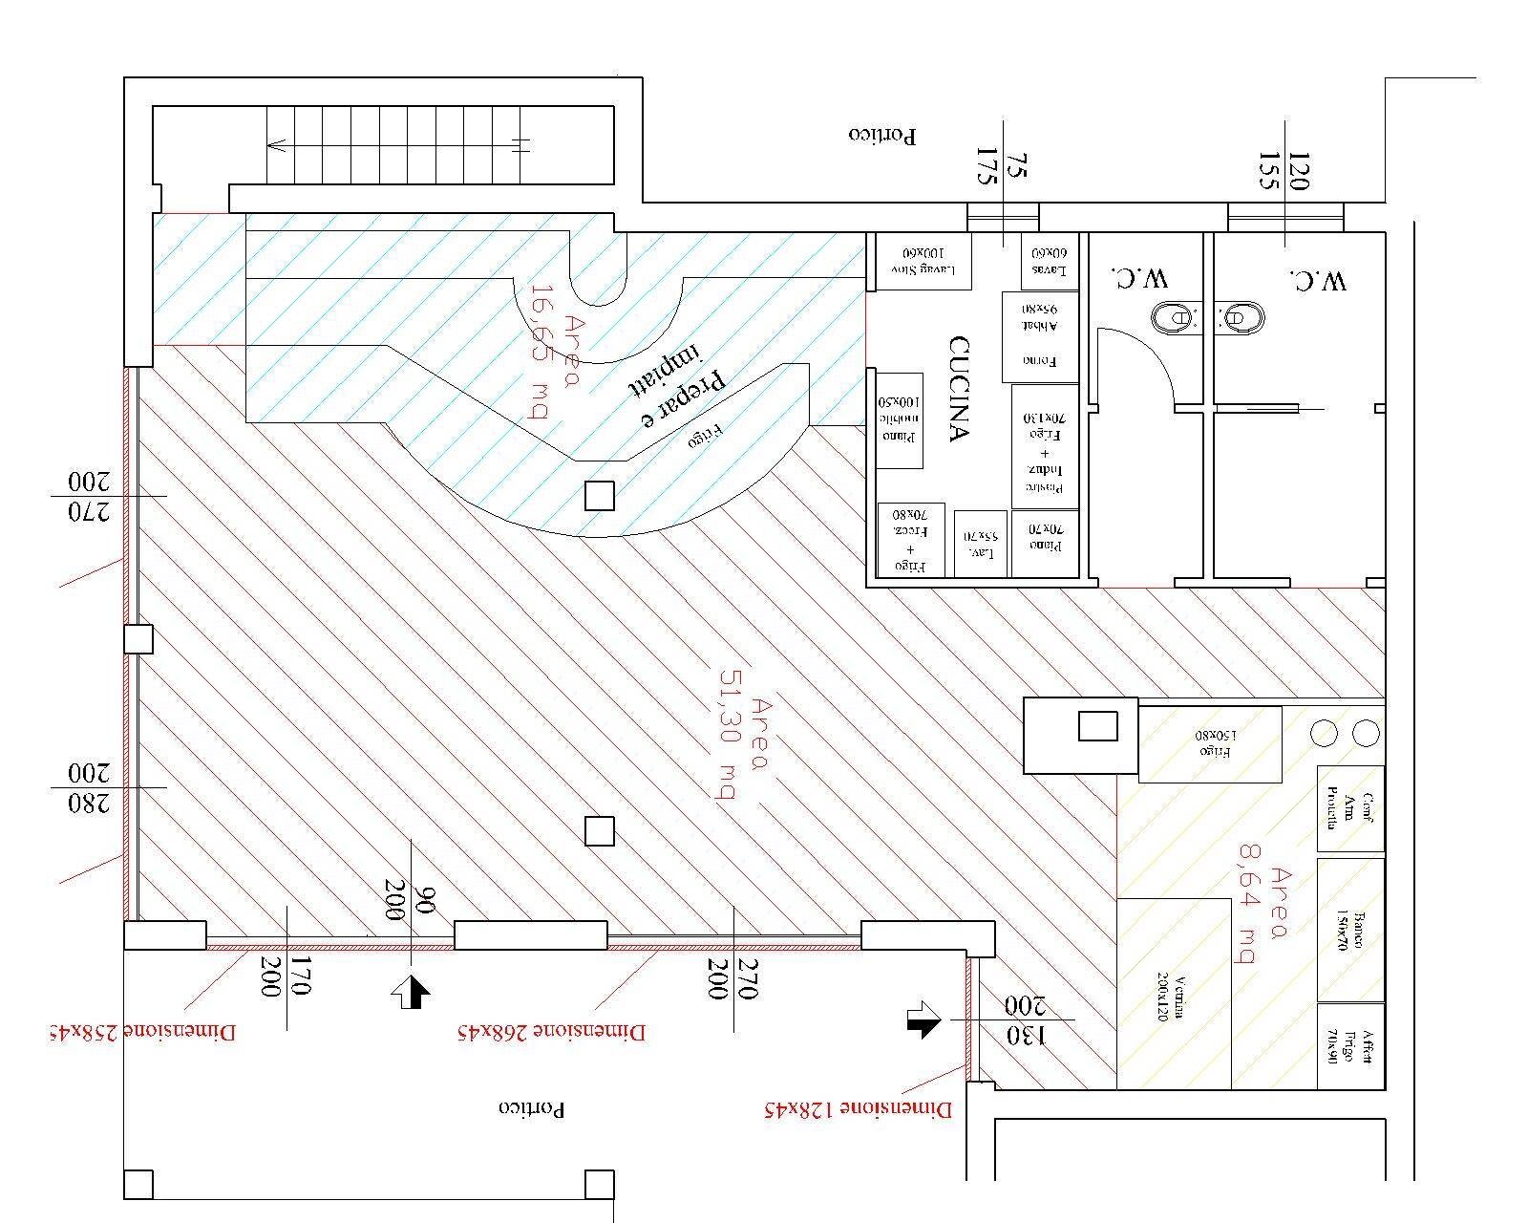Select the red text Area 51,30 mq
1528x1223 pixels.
(x=740, y=750)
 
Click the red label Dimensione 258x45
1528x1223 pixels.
(x=143, y=1032)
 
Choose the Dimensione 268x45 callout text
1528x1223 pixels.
(x=551, y=1032)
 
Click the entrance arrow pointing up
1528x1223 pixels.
(x=411, y=993)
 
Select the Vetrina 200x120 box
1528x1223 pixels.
(x=1174, y=994)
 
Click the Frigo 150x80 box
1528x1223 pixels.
(x=1210, y=744)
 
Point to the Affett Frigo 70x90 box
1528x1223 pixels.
(x=1350, y=1046)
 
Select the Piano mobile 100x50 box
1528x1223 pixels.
(x=900, y=420)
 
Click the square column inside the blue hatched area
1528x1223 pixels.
(x=599, y=496)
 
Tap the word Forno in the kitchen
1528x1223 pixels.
(x=1038, y=361)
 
